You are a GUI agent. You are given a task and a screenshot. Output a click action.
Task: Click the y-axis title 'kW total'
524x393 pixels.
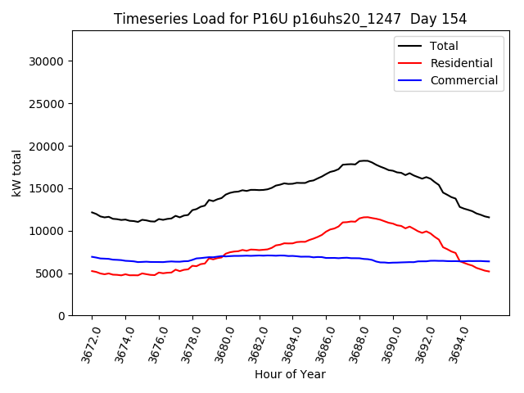(16, 173)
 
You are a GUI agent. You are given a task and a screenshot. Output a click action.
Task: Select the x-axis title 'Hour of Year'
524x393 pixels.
(290, 374)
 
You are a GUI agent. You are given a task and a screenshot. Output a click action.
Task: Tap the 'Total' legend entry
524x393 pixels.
(444, 46)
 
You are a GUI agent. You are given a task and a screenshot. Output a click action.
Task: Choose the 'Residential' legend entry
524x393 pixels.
(461, 63)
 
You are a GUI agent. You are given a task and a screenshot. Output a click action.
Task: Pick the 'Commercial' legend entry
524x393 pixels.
(463, 80)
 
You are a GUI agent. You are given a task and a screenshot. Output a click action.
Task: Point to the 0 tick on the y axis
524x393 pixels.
(61, 316)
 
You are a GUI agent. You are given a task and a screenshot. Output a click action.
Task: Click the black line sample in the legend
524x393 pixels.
(409, 46)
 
